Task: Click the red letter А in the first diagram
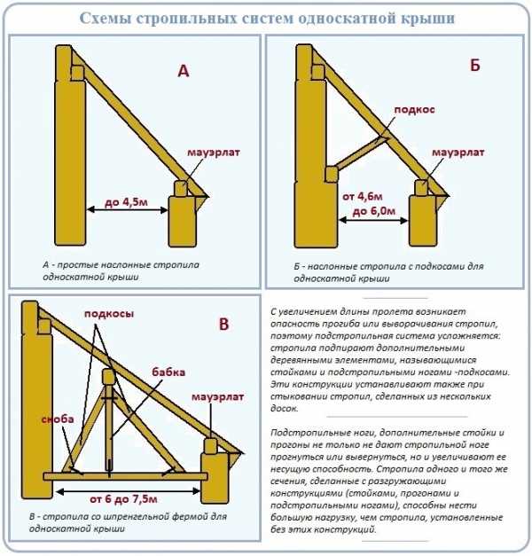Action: point(184,72)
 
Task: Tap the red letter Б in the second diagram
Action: point(474,65)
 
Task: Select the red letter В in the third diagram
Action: point(223,325)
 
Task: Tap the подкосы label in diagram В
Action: point(108,316)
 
